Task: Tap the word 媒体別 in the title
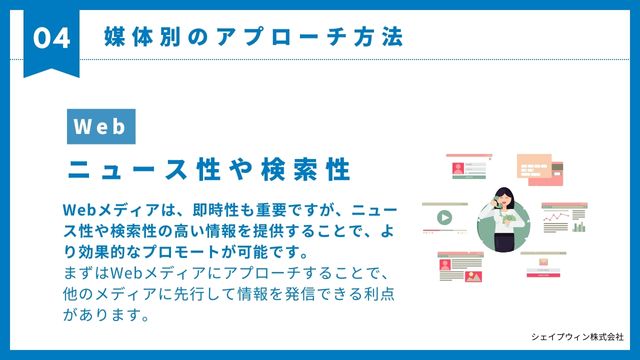143,37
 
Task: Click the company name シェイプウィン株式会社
577,337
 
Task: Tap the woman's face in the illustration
497,196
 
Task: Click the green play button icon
443,216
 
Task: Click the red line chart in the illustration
554,217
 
